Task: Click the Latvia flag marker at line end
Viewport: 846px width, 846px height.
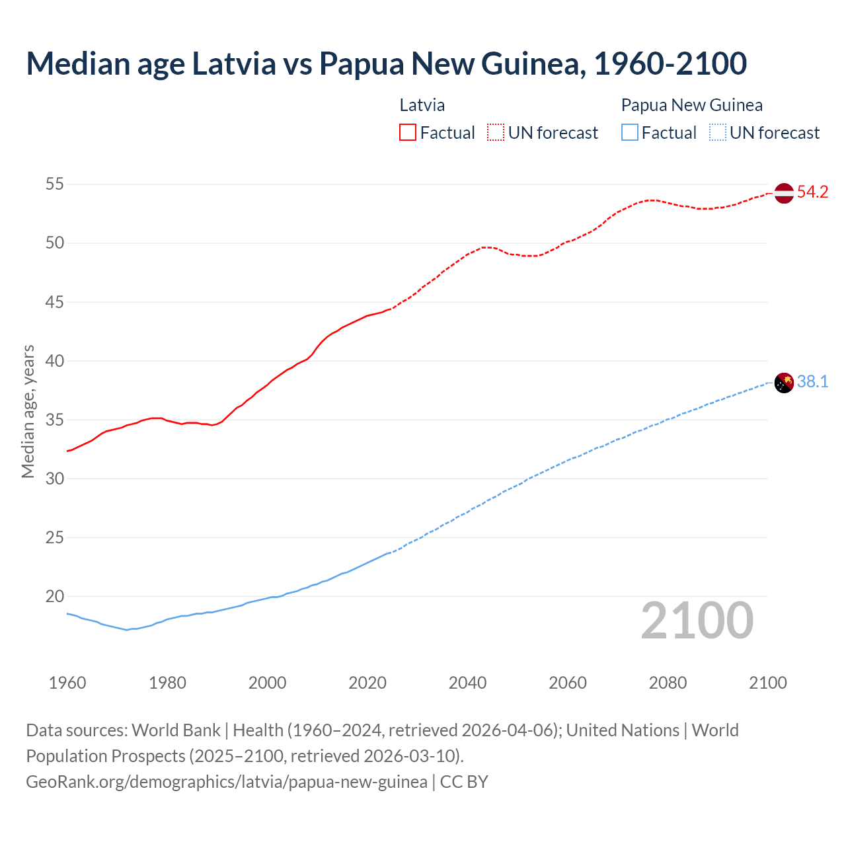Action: (x=783, y=193)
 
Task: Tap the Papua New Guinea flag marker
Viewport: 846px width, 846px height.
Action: (x=783, y=383)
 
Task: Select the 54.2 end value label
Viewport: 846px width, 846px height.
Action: (x=812, y=192)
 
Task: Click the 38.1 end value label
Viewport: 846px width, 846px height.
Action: (x=812, y=382)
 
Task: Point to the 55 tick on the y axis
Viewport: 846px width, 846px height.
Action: (x=55, y=184)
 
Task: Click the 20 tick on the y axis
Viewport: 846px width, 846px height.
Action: (x=55, y=596)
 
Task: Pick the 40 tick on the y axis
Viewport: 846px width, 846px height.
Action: (x=55, y=361)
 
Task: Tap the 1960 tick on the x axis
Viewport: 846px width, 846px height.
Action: (x=67, y=683)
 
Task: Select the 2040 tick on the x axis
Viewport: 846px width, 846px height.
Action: (x=467, y=683)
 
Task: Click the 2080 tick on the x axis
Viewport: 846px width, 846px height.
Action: (x=668, y=683)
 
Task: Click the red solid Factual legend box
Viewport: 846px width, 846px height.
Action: (x=408, y=133)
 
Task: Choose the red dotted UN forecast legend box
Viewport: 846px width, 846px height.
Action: (x=496, y=133)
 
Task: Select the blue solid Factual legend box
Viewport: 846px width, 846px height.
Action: (x=629, y=133)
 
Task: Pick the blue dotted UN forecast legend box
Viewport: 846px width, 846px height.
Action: (x=717, y=133)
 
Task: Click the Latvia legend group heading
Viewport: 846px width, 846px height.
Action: (x=422, y=105)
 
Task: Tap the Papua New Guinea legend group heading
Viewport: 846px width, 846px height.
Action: (x=691, y=105)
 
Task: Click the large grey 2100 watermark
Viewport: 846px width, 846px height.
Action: (x=697, y=620)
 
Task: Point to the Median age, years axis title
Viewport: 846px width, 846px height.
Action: (x=28, y=411)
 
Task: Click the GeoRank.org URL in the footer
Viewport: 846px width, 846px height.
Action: (x=227, y=782)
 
